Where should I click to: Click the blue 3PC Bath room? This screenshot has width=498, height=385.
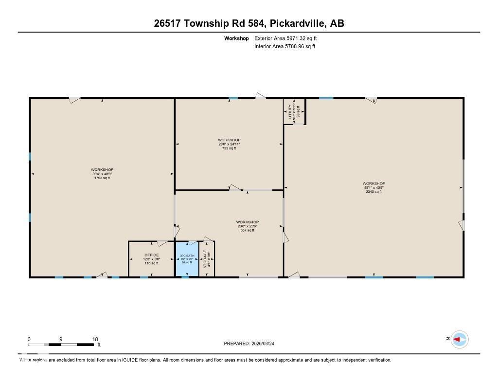(x=187, y=259)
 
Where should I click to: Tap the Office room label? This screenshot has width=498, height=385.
(x=151, y=255)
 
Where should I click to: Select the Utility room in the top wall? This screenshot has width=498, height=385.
(x=294, y=111)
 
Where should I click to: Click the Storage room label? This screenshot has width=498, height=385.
(x=205, y=259)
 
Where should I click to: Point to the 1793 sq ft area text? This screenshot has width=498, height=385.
(x=102, y=178)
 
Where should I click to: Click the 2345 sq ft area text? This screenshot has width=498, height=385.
(x=373, y=192)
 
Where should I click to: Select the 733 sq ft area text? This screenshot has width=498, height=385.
(x=229, y=148)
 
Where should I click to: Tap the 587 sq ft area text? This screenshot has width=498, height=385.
(x=247, y=230)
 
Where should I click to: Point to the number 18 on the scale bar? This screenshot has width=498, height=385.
(x=95, y=339)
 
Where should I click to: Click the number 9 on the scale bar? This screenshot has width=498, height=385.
(x=61, y=339)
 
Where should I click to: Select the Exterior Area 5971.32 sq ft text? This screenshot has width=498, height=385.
(x=285, y=38)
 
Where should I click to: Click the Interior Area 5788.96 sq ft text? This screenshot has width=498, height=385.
(x=285, y=47)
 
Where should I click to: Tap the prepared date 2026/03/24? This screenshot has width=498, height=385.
(x=266, y=344)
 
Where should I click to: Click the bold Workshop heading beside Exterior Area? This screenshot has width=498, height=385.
(x=236, y=38)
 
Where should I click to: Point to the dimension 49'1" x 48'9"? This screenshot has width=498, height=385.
(x=373, y=187)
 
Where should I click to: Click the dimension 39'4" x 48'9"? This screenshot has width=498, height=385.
(x=102, y=174)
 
